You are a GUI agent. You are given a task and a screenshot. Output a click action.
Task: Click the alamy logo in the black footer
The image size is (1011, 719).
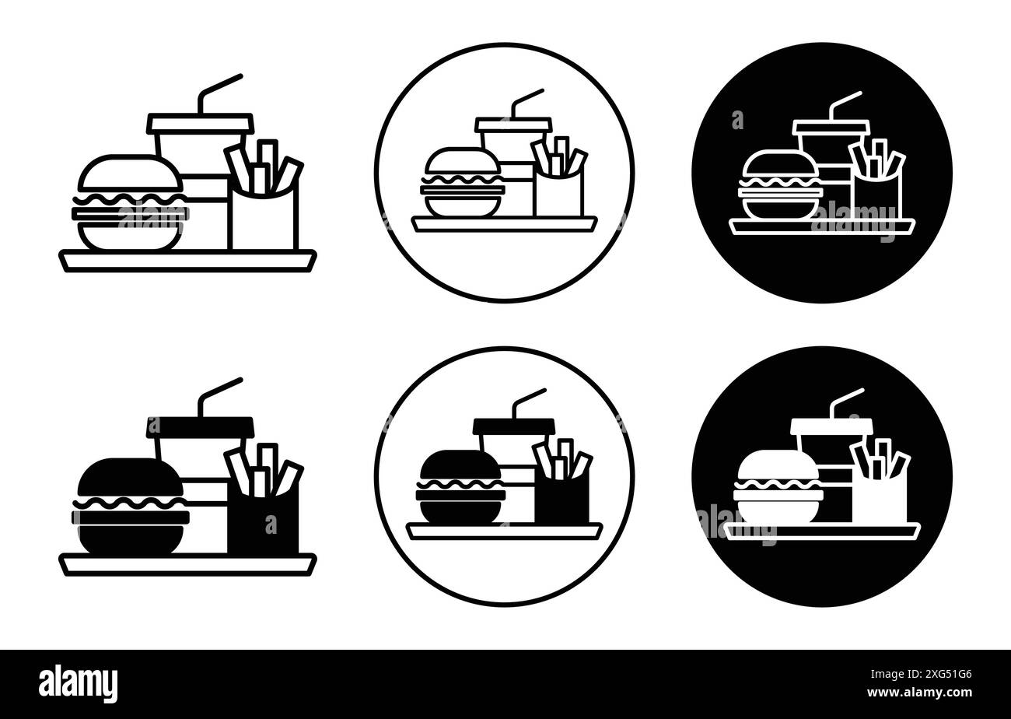point(78,684)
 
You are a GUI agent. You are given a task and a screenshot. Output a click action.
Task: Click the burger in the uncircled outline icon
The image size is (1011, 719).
point(130,204)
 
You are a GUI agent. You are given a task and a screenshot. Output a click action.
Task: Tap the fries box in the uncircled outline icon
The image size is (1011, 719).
point(263,221)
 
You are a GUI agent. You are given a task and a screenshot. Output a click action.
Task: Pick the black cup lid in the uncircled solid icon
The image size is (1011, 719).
point(201,426)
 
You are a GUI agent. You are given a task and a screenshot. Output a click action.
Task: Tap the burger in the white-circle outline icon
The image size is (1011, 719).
point(462,183)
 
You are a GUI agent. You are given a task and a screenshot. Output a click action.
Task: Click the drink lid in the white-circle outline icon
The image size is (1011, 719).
point(513,124)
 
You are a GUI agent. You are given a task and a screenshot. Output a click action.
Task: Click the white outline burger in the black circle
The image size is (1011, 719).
point(780,185)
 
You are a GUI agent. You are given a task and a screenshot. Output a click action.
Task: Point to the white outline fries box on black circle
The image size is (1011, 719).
point(876,197)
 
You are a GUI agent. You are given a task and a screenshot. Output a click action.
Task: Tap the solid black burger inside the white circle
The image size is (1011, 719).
point(460,487)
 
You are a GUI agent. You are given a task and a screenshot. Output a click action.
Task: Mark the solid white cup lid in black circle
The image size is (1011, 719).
point(832,426)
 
